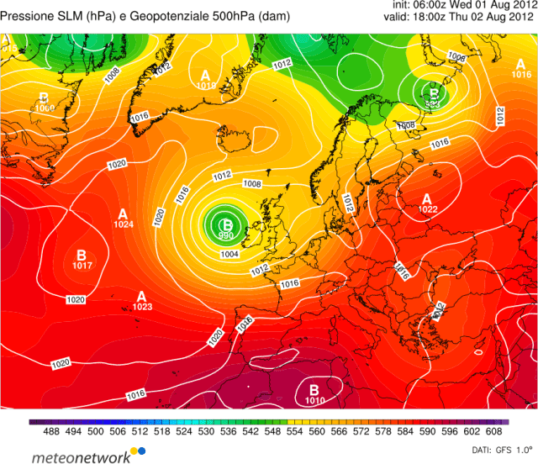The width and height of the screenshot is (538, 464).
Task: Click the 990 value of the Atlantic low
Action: coord(226,237)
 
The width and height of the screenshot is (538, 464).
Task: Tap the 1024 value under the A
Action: coord(124,224)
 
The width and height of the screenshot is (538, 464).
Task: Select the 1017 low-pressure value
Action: coord(82,266)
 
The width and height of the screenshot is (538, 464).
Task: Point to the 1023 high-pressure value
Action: coord(141,307)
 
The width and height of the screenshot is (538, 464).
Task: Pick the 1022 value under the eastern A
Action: coord(428,209)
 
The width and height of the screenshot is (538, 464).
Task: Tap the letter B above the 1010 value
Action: coord(314,389)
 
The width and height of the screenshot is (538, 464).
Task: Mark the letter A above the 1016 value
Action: coord(522,64)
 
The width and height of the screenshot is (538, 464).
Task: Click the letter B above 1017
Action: coord(82,255)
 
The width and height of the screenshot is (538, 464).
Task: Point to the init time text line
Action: coord(464,5)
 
